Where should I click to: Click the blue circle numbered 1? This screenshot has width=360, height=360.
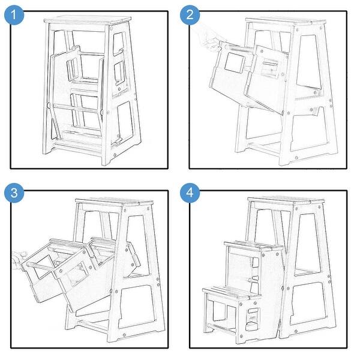14,15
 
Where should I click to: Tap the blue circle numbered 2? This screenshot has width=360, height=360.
190,15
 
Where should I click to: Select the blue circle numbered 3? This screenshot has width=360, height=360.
14,193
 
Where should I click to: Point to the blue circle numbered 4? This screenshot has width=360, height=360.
190,193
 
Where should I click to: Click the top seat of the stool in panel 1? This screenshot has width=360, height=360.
88,20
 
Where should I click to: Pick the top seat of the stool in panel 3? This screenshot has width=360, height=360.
115,202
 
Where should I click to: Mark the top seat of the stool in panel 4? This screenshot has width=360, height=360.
286,200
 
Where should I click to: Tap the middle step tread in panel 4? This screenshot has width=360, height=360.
253,245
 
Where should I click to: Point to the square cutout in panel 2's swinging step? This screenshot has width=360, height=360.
235,62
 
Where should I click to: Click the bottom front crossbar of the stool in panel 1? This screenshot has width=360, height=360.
77,148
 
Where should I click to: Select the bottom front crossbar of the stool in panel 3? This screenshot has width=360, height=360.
93,326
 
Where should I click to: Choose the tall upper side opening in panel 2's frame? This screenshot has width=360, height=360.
308,62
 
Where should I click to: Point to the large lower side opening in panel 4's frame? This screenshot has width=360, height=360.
308,304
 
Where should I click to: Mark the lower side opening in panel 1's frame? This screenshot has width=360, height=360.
125,122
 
